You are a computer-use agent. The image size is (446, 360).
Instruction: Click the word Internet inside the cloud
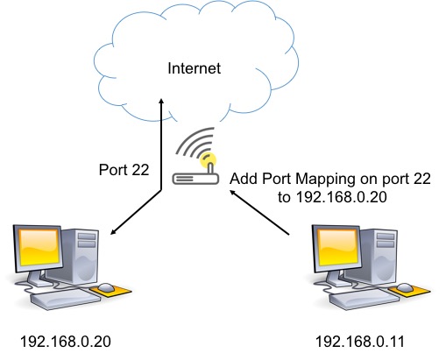195,68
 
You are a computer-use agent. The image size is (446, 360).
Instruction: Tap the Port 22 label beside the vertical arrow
124,170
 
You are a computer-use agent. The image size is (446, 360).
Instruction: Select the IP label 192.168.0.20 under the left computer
66,342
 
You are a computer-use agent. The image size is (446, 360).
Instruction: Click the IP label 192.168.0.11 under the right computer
360,342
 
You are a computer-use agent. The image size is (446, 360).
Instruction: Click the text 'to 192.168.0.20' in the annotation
332,197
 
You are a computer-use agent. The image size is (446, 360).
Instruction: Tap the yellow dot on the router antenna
209,160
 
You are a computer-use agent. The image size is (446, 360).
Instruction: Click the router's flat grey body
195,179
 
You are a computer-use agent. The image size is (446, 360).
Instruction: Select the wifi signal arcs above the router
195,142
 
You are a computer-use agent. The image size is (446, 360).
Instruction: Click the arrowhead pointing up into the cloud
161,101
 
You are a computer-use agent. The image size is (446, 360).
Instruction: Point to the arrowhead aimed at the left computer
113,232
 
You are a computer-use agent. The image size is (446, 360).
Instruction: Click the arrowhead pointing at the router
232,193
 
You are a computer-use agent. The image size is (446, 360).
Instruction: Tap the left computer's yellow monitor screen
39,248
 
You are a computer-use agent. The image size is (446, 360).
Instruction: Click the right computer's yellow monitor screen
338,248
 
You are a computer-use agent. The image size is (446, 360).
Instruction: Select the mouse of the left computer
105,288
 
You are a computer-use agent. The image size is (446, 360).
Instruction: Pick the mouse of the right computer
405,288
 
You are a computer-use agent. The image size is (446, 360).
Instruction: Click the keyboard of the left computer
65,299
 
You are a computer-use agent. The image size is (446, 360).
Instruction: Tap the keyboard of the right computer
364,299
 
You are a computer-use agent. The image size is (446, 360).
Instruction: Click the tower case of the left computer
79,256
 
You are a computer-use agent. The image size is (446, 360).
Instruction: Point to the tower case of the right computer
378,256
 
